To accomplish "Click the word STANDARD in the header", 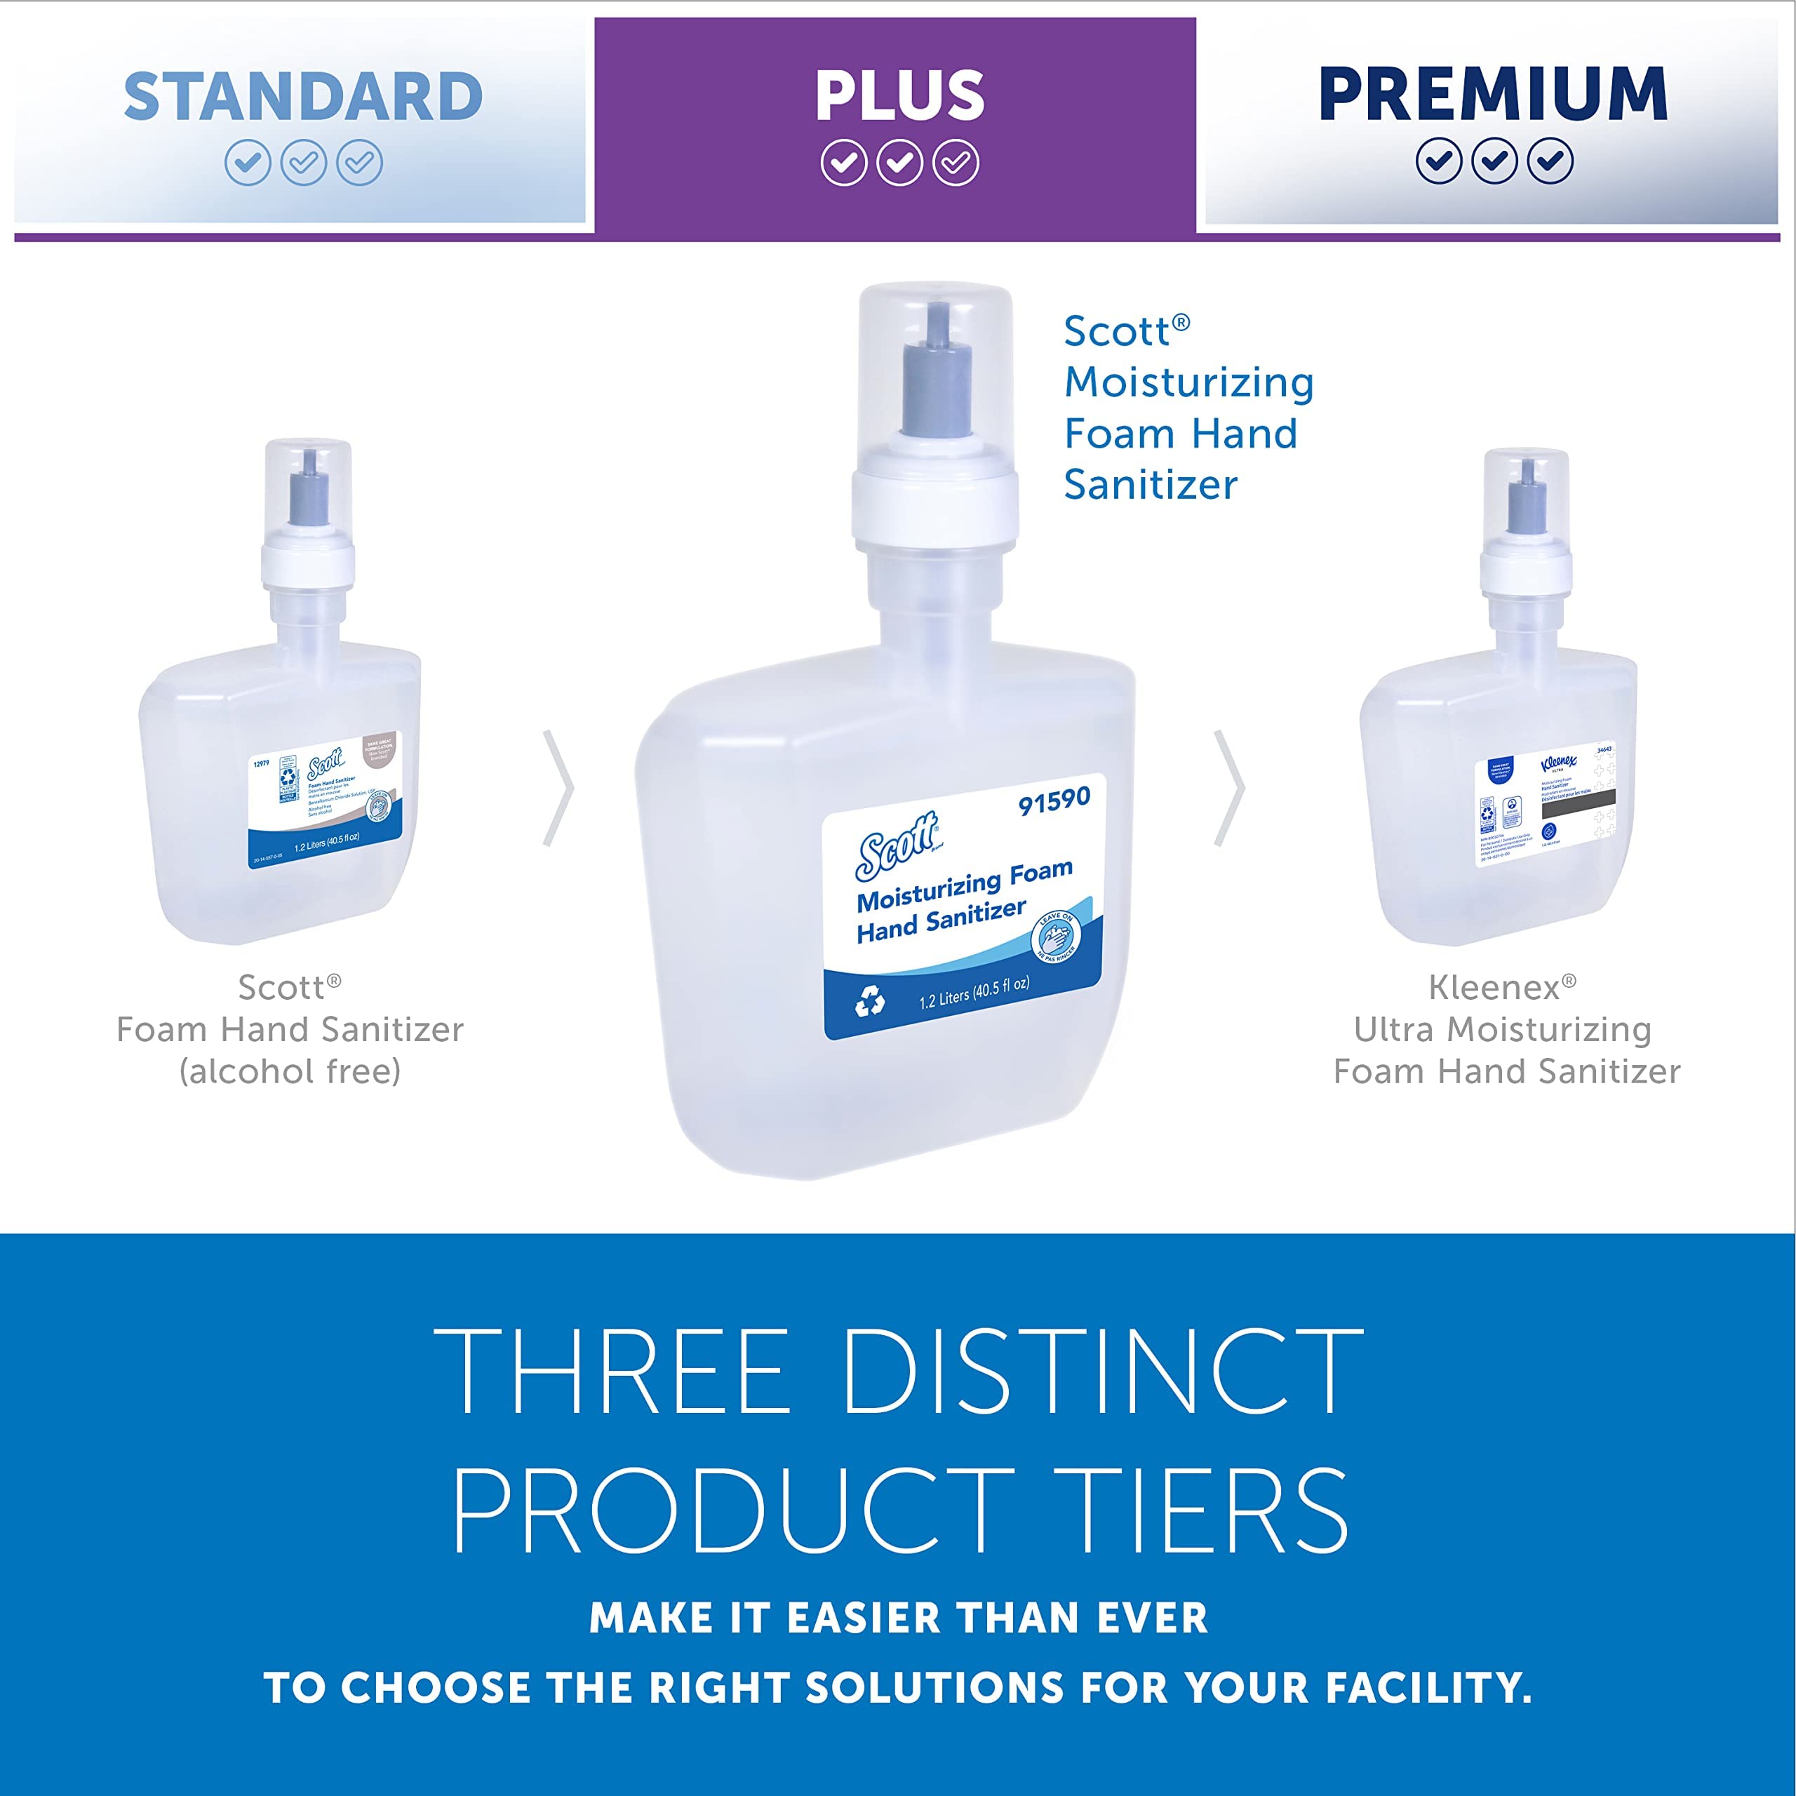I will [303, 97].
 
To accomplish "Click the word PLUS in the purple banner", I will [899, 95].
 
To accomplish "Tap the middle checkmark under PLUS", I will [899, 163].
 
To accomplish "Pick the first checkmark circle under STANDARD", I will [247, 163].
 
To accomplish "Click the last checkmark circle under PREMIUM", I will [1550, 162].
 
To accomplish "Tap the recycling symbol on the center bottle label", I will [870, 1001].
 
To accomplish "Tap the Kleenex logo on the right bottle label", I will [1558, 763].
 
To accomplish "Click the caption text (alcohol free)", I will [290, 1071].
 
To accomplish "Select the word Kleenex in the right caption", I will [1494, 987].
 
